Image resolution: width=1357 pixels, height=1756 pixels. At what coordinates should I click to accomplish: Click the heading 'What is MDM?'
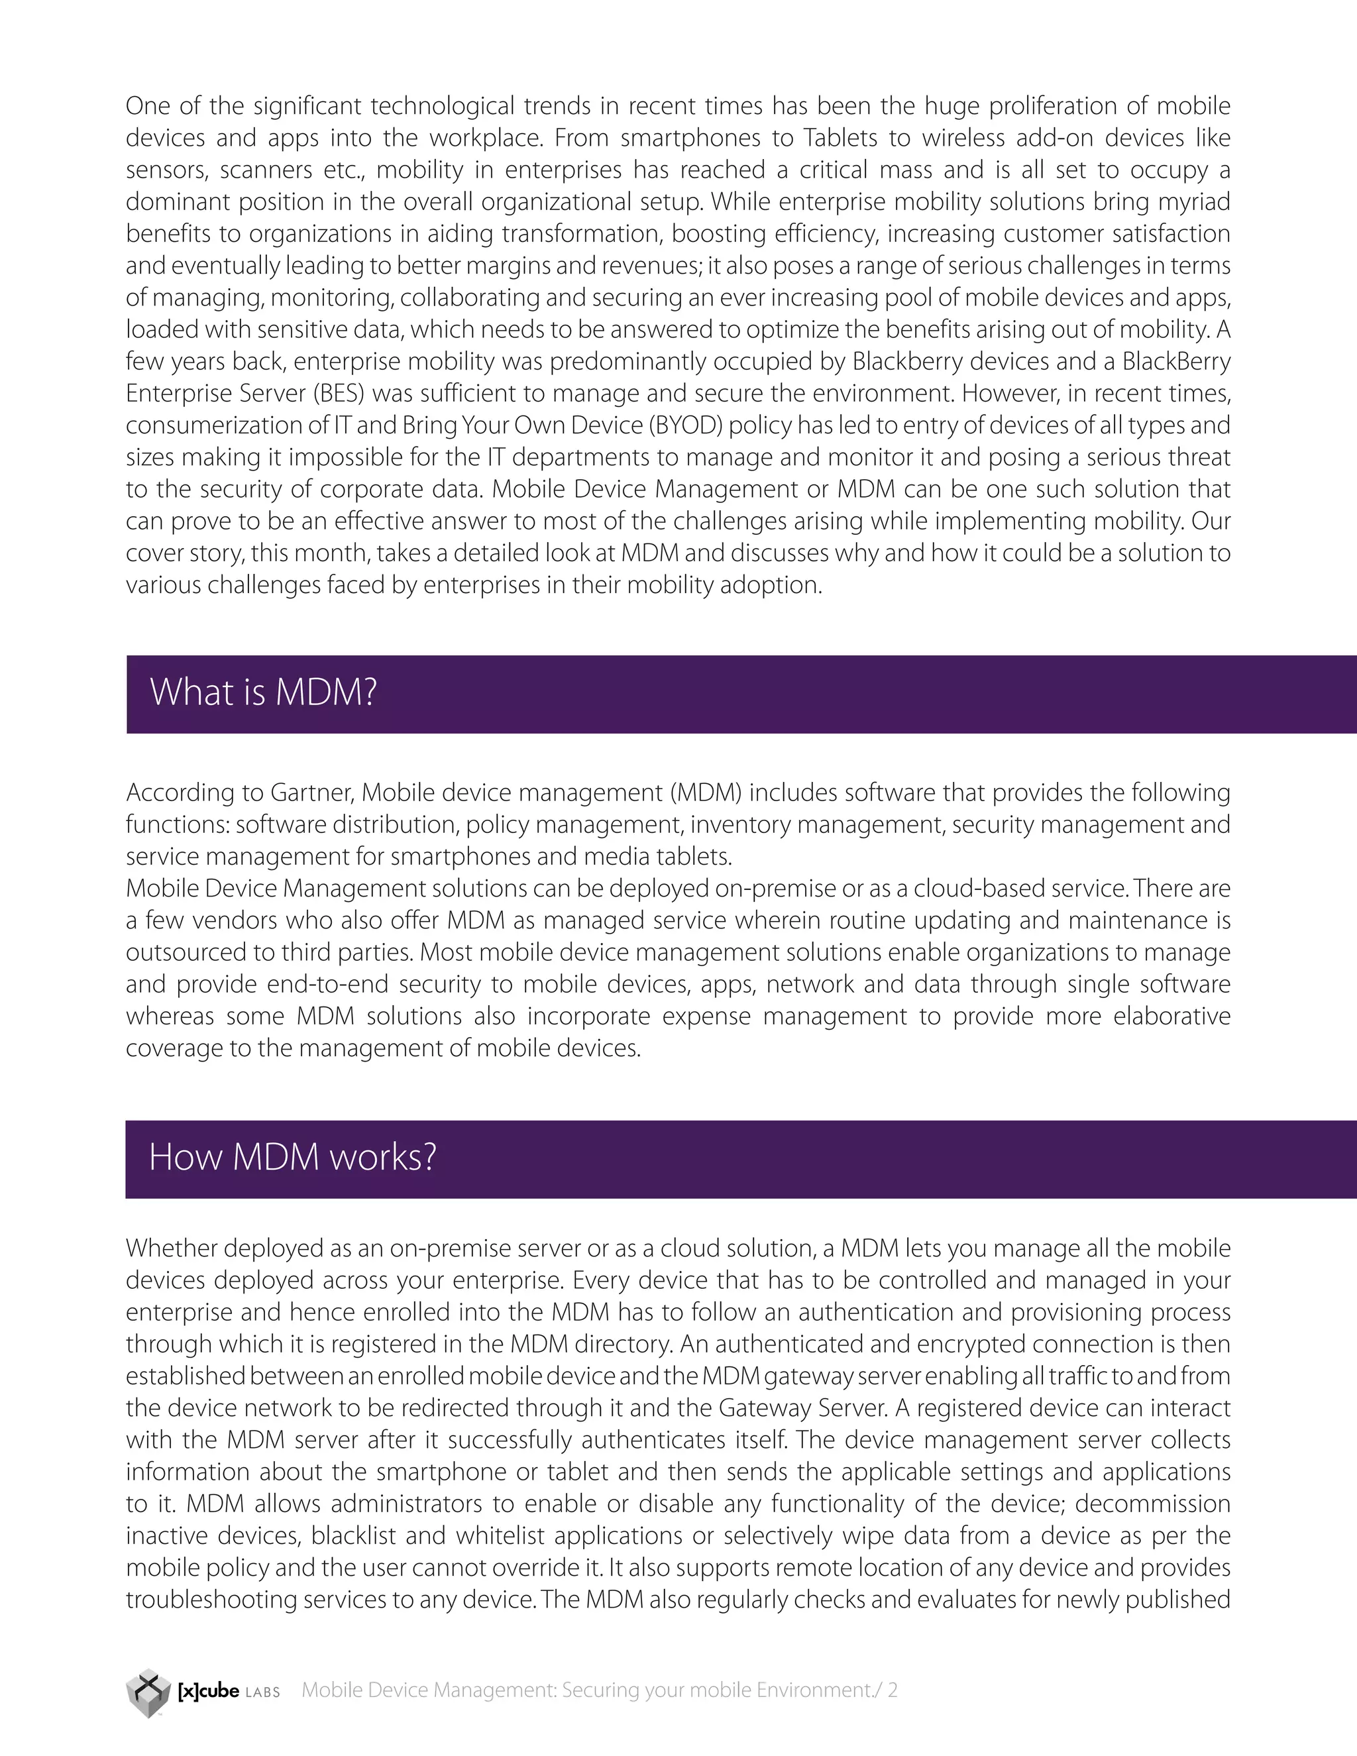(263, 692)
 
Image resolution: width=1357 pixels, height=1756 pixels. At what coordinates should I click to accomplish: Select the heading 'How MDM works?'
(293, 1157)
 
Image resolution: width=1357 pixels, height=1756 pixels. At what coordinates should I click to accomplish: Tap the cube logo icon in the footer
(148, 1692)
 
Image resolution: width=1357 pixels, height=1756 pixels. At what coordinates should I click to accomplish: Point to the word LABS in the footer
(262, 1692)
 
